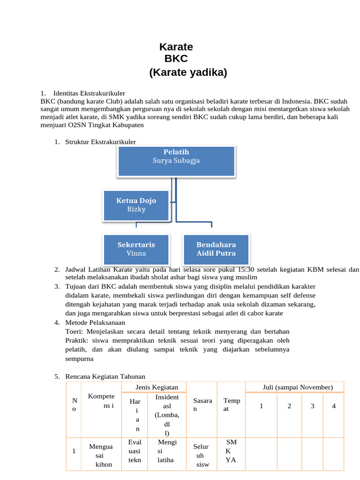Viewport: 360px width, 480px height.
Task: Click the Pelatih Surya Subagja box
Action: [176, 161]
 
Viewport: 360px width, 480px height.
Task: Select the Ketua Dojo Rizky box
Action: [136, 205]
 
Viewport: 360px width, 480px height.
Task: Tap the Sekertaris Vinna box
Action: [136, 249]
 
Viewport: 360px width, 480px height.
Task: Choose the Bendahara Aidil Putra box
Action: [216, 249]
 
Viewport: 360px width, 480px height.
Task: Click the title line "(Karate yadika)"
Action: [188, 72]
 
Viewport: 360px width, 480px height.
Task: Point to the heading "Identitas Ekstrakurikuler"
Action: [89, 93]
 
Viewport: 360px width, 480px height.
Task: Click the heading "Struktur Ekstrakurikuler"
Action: [100, 142]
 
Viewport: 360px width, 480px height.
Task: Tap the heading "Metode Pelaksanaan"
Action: [95, 323]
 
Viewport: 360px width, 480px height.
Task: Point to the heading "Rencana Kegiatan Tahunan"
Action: [105, 376]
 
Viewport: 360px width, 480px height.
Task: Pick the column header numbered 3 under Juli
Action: [312, 406]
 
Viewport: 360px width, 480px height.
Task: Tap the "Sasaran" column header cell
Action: [202, 405]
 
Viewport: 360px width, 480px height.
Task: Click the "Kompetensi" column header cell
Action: [101, 401]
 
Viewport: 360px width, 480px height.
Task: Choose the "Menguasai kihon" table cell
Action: [101, 455]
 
